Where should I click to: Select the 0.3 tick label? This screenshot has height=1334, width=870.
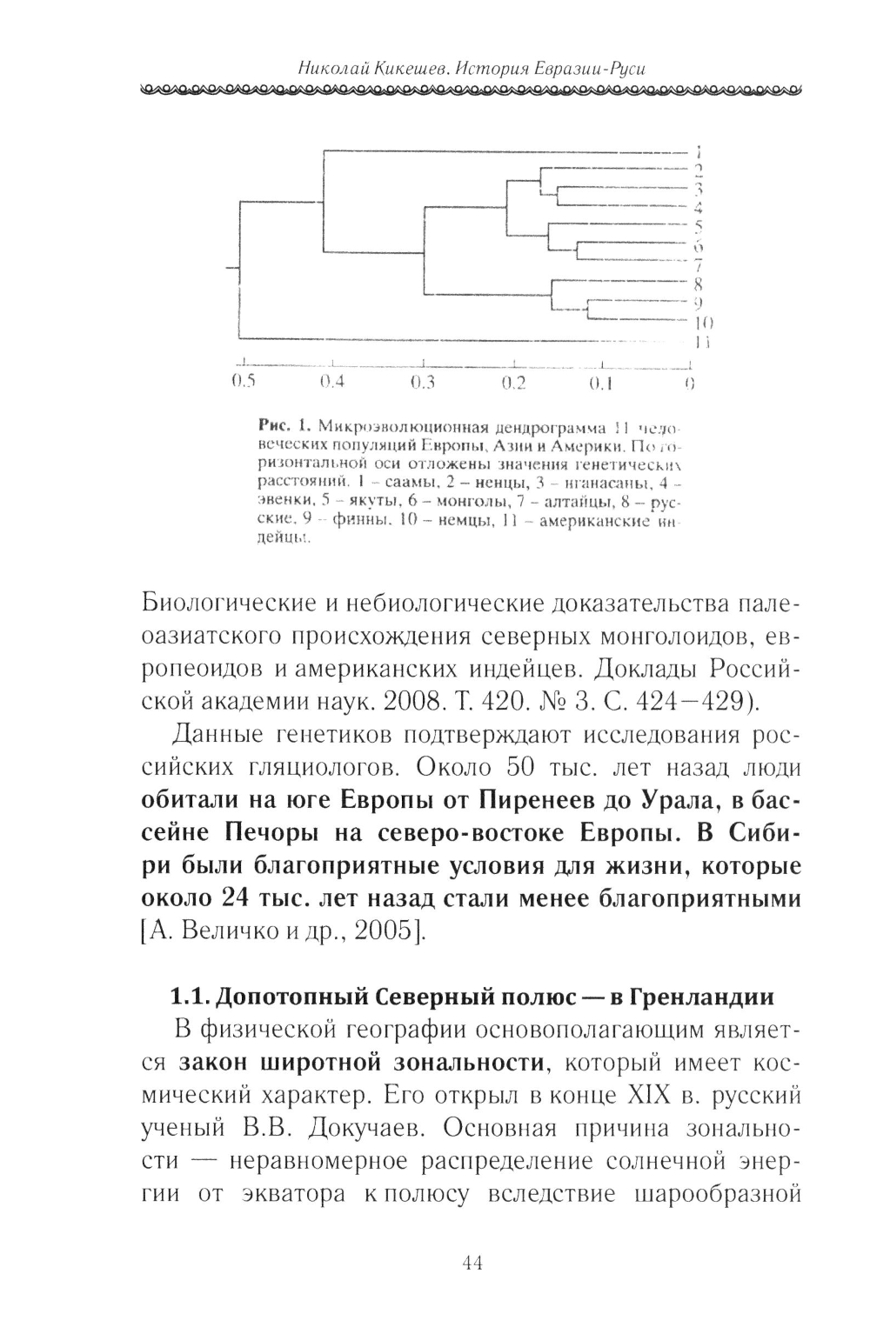point(422,383)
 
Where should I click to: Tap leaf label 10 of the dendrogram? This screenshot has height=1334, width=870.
point(702,323)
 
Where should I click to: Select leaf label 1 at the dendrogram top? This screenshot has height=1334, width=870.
point(699,150)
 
